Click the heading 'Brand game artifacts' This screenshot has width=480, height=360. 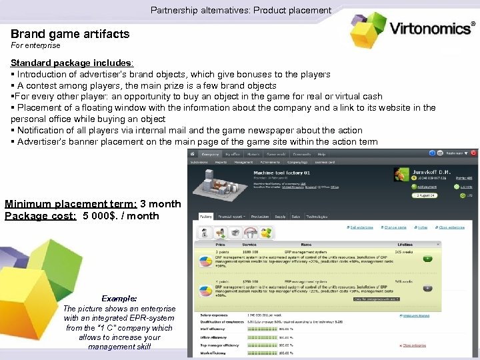tap(70, 33)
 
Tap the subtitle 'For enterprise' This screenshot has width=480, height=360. tap(35, 46)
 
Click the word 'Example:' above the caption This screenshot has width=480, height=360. tap(120, 299)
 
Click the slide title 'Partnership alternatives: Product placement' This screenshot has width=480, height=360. tap(241, 10)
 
